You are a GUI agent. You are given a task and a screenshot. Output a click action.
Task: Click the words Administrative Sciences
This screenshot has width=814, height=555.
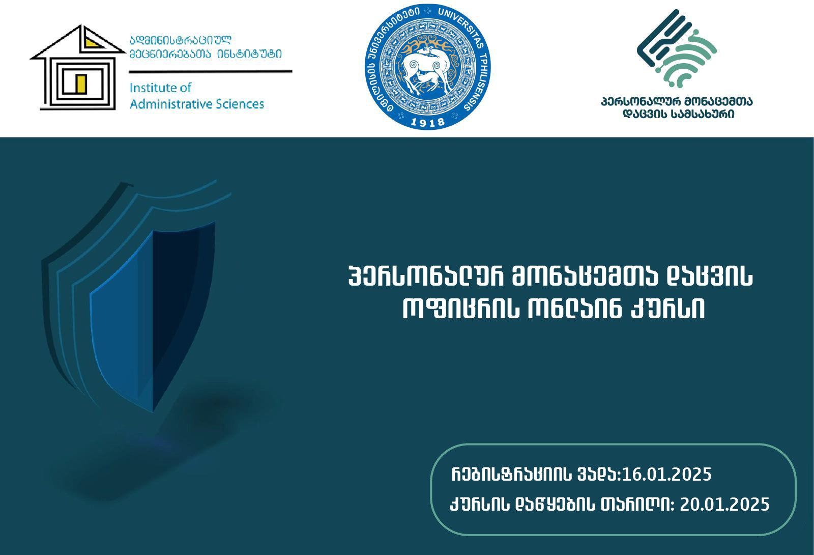(196, 104)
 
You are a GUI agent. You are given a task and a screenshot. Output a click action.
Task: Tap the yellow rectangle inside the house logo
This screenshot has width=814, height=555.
(81, 84)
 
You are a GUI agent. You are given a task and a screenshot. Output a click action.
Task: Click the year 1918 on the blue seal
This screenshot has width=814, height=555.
(428, 123)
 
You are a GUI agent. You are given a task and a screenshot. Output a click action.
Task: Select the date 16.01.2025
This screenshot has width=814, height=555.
(667, 474)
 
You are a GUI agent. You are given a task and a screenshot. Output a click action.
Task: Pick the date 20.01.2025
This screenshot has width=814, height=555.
(724, 505)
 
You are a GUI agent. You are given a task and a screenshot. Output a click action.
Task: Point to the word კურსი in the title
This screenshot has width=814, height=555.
(667, 309)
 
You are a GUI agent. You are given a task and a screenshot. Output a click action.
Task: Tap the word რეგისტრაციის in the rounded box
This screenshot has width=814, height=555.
(512, 474)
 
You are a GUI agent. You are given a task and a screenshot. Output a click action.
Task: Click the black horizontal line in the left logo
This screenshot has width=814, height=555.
(211, 72)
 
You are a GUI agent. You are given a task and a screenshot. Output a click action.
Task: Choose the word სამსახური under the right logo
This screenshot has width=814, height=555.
(703, 114)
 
